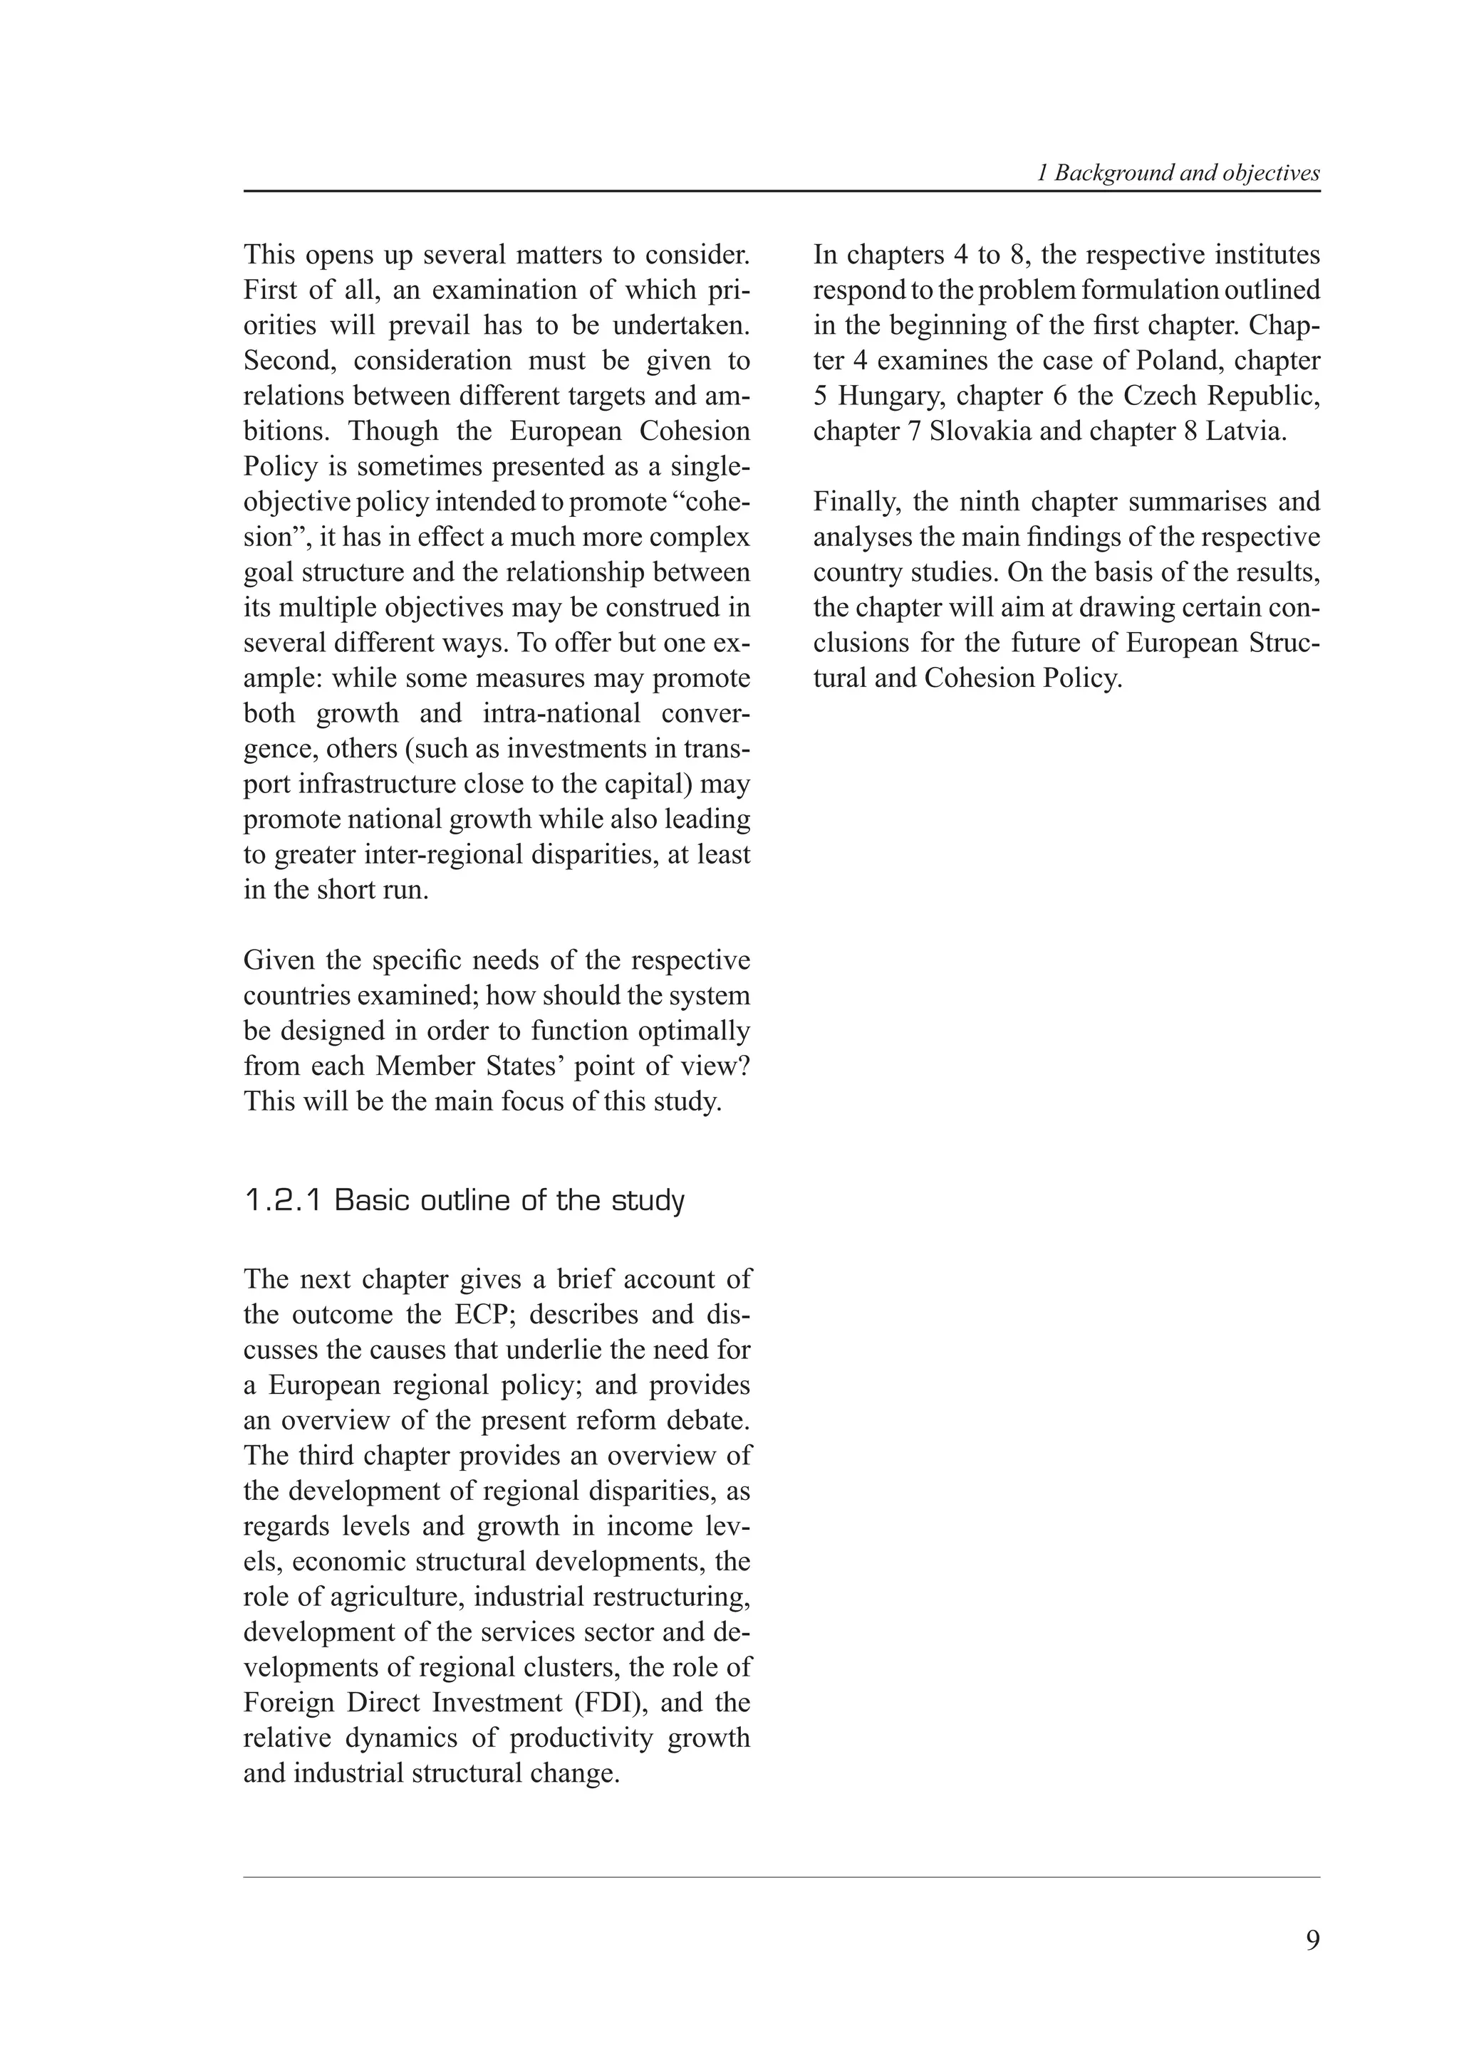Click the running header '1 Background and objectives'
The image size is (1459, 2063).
coord(1178,174)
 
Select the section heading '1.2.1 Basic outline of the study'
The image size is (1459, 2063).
coord(464,1200)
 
